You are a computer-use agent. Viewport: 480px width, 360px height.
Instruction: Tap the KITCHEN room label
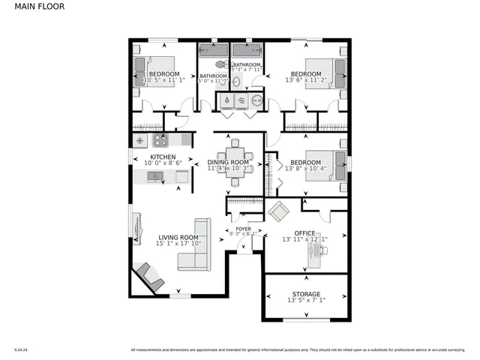[163, 156]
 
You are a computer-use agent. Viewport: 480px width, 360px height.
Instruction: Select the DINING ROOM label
[228, 162]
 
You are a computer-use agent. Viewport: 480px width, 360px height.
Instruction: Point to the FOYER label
[243, 229]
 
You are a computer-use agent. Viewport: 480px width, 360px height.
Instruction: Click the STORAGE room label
[305, 294]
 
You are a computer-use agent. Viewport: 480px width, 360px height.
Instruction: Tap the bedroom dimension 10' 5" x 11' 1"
[163, 80]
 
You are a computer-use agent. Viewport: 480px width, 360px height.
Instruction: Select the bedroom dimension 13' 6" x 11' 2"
[306, 80]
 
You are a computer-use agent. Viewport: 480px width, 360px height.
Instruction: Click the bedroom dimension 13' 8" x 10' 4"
[306, 169]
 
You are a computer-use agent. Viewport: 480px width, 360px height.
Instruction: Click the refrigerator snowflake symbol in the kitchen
[139, 140]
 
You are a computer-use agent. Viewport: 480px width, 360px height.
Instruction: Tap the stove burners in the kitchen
[160, 140]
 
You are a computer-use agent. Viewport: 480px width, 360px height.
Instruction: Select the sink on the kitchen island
[154, 176]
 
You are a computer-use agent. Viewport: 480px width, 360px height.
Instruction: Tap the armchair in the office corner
[278, 211]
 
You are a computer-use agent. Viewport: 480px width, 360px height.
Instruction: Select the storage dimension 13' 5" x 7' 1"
[305, 301]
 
